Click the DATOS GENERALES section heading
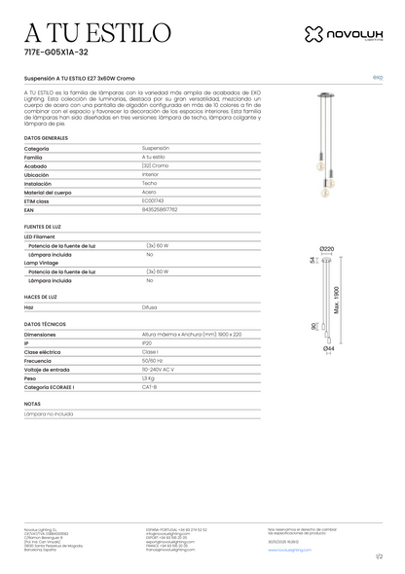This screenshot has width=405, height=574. click(47, 139)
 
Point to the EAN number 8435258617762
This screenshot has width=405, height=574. click(165, 208)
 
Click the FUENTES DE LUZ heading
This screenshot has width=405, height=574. click(44, 225)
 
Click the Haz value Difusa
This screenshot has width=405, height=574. click(151, 305)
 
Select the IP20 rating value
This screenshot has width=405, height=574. click(148, 342)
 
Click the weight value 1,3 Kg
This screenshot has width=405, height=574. click(151, 377)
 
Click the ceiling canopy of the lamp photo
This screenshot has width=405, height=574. click(326, 105)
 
